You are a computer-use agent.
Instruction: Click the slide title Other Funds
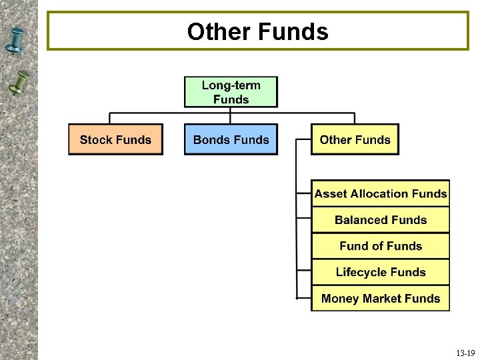click(x=257, y=31)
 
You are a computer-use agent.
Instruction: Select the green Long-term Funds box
click(x=231, y=92)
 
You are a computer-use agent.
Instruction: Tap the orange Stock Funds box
click(x=115, y=139)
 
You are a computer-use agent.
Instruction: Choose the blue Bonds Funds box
click(x=231, y=139)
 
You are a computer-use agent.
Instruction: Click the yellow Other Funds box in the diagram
click(x=355, y=139)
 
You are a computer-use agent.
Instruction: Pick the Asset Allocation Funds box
click(x=381, y=193)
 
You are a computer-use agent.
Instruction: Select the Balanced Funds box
click(x=381, y=219)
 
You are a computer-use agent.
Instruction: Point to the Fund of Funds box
click(x=381, y=246)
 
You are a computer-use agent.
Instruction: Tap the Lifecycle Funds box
click(x=381, y=272)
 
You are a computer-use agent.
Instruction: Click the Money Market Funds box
click(x=381, y=298)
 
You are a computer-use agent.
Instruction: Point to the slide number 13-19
click(x=465, y=353)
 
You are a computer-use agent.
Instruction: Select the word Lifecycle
click(x=362, y=272)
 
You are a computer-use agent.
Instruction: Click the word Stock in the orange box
click(x=96, y=139)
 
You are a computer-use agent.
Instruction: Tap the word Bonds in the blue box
click(x=211, y=139)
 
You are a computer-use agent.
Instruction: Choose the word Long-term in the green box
click(x=231, y=85)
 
